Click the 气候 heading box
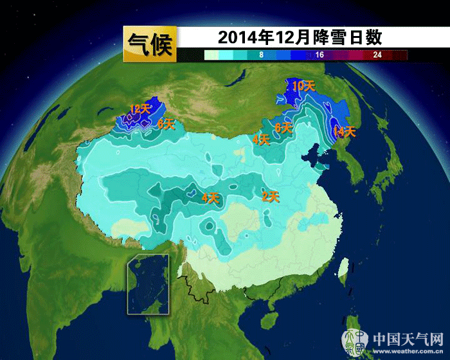click(x=149, y=44)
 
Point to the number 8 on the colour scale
click(x=261, y=55)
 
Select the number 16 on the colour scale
click(x=319, y=55)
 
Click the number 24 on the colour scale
click(x=377, y=55)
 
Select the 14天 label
click(x=345, y=132)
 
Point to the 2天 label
click(x=271, y=197)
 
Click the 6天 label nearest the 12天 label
click(x=165, y=124)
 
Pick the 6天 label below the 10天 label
click(x=283, y=128)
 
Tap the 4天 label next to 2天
click(x=210, y=198)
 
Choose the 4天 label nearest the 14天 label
click(x=260, y=139)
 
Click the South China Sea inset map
click(x=148, y=284)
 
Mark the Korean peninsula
click(x=354, y=170)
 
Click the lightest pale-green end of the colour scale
click(x=212, y=55)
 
